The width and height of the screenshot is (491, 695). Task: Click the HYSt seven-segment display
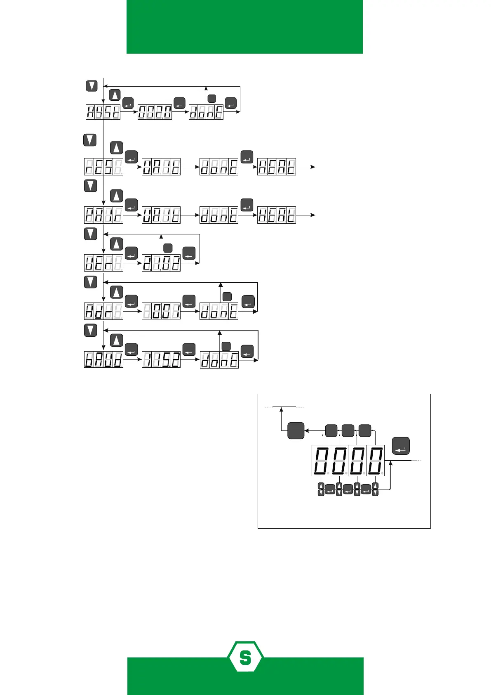(x=103, y=112)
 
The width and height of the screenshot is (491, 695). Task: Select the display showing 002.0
(x=155, y=112)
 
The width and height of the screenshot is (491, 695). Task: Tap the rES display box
(x=103, y=167)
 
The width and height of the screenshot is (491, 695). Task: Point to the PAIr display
(x=103, y=215)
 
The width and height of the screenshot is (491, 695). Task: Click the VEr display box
(x=103, y=263)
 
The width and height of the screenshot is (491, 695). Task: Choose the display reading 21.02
(x=161, y=263)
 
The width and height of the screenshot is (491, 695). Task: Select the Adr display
(x=103, y=311)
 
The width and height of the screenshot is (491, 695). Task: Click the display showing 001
(x=161, y=311)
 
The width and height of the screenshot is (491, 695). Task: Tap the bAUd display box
(x=103, y=360)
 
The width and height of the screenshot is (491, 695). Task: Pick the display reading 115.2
(x=161, y=360)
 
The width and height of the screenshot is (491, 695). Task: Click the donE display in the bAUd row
(x=219, y=360)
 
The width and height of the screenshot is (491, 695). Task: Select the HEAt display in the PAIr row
(x=277, y=215)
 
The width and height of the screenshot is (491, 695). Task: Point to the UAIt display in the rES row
(x=161, y=167)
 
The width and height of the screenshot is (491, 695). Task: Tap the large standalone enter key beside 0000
(x=401, y=446)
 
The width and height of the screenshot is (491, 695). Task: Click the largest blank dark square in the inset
(x=296, y=430)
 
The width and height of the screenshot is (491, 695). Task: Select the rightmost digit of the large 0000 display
(x=376, y=461)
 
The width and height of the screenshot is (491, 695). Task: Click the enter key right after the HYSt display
(x=128, y=103)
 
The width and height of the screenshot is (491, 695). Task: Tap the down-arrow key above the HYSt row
(x=92, y=86)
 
